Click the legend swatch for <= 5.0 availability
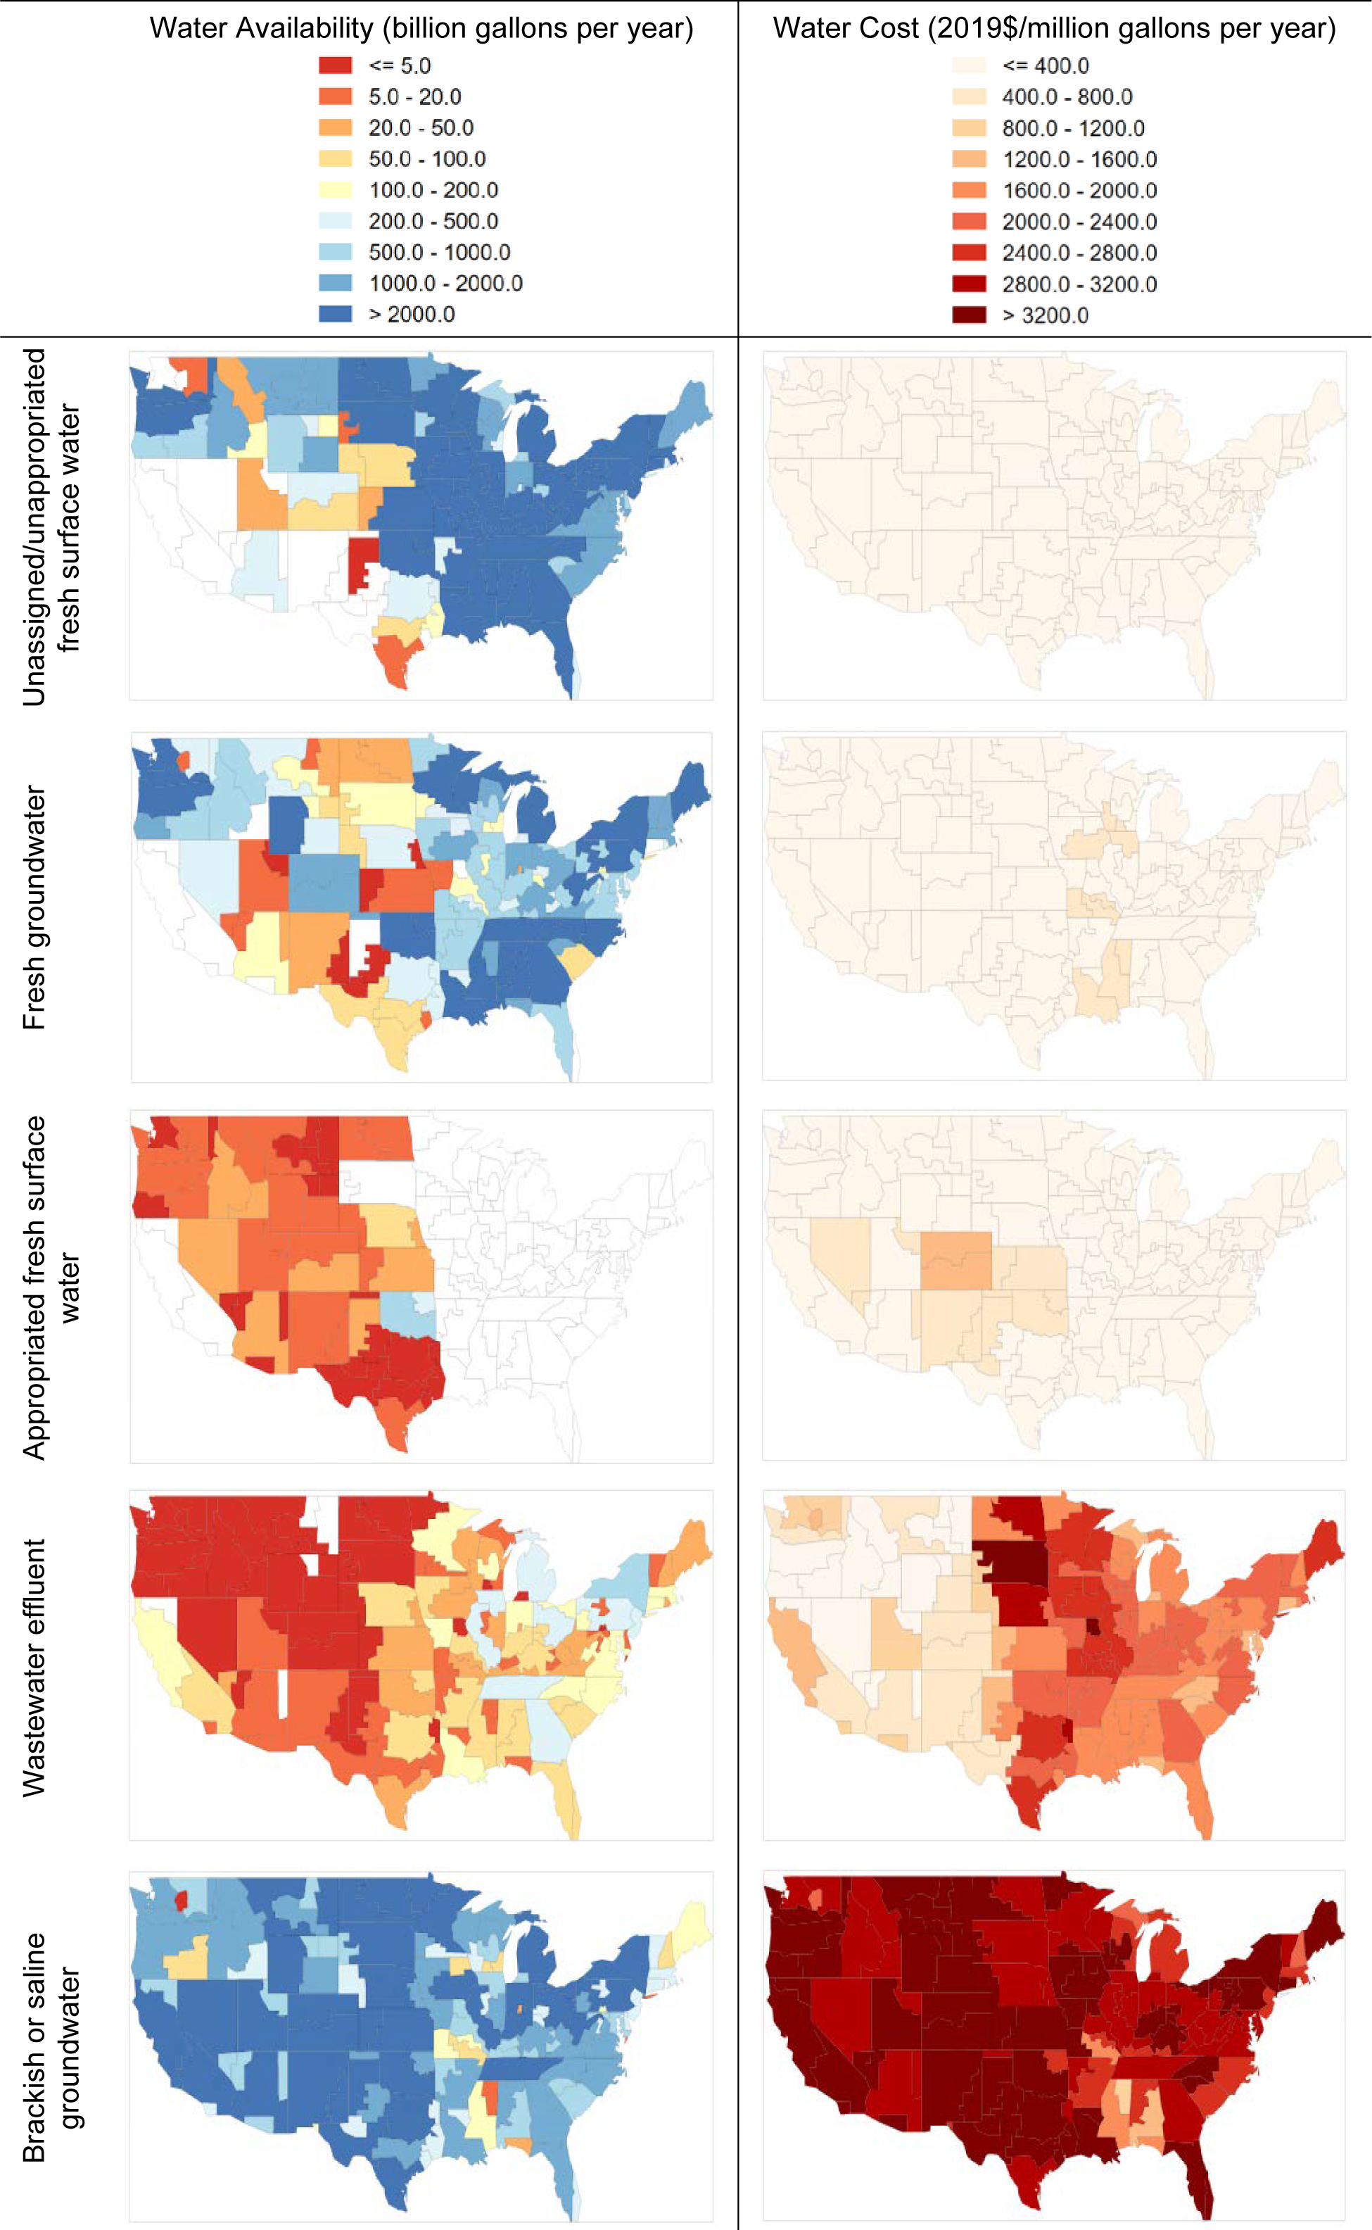coord(335,65)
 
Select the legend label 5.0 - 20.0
coord(414,97)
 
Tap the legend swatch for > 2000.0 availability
coord(335,314)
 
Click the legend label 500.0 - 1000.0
coord(439,252)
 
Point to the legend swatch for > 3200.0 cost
coord(968,315)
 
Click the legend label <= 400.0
coord(1046,65)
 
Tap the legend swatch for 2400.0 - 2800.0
coord(968,252)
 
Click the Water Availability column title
coord(421,28)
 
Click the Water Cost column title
coord(1053,28)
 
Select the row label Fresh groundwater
coord(34,907)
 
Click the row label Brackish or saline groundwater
coord(52,2047)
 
